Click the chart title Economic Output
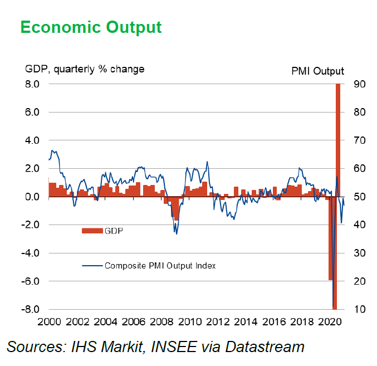[91, 27]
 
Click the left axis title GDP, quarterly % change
[85, 69]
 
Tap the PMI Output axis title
[317, 71]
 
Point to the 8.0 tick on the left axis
[32, 84]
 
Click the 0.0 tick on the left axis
[32, 197]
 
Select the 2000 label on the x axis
[49, 321]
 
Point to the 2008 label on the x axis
[161, 321]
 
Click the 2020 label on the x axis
[330, 321]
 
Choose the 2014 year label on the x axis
[246, 321]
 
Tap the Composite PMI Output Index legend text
[160, 265]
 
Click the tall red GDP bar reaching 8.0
[338, 139]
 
